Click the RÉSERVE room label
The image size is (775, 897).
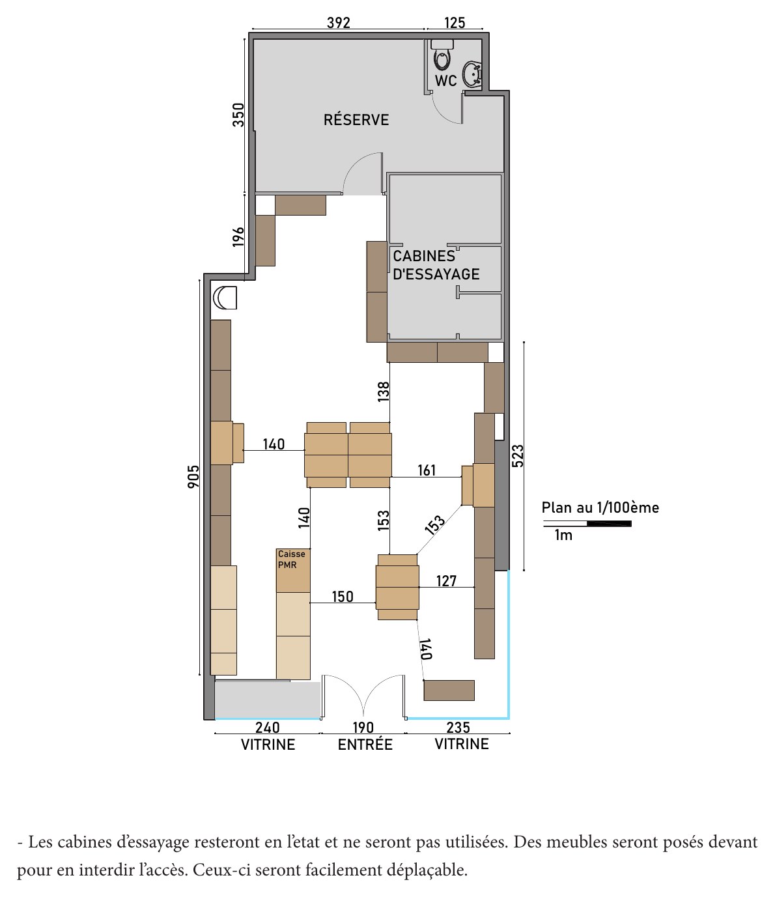click(x=356, y=119)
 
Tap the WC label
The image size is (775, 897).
click(x=445, y=81)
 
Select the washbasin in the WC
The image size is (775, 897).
click(x=472, y=74)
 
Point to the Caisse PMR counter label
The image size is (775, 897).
click(x=292, y=560)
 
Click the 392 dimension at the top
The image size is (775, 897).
click(x=339, y=23)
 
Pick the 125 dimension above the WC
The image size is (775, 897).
click(x=455, y=23)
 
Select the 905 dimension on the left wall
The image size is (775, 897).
click(x=193, y=476)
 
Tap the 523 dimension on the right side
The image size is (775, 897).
click(x=518, y=455)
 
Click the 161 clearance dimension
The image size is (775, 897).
click(x=427, y=470)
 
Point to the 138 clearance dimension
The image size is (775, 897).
click(x=384, y=392)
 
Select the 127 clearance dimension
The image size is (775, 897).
click(x=446, y=580)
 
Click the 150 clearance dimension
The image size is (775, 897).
click(x=343, y=597)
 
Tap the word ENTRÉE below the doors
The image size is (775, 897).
click(x=365, y=745)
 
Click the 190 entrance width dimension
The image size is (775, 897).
click(x=363, y=728)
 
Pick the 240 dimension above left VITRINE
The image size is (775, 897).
click(x=267, y=728)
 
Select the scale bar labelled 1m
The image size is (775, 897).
click(x=587, y=524)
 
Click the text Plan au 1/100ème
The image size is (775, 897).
click(x=600, y=507)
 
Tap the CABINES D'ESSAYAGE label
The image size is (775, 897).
click(x=436, y=264)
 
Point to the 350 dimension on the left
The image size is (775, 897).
click(x=238, y=115)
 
